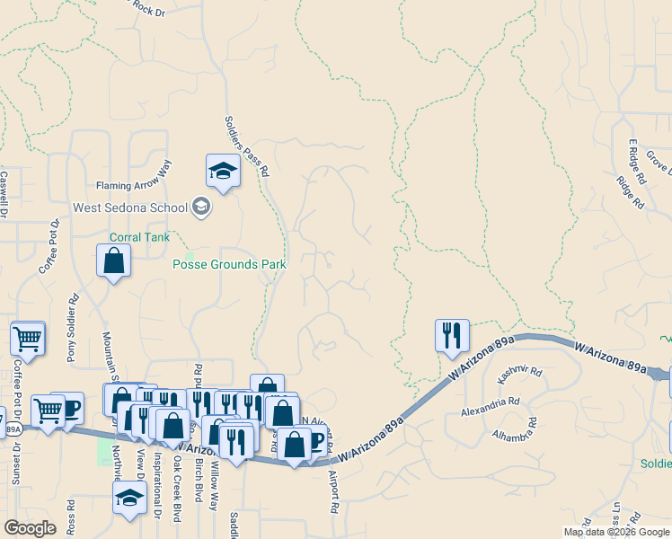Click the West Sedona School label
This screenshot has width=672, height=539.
point(130,208)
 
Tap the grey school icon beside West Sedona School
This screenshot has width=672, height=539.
point(201,208)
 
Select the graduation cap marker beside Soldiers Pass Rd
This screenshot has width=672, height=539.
point(222,170)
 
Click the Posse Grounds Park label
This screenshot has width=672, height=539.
point(229,264)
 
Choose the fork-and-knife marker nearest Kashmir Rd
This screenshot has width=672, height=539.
point(451,335)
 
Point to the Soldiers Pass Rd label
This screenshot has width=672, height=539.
point(246,146)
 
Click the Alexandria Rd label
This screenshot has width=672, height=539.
point(490,406)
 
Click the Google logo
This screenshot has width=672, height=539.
point(31,528)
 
